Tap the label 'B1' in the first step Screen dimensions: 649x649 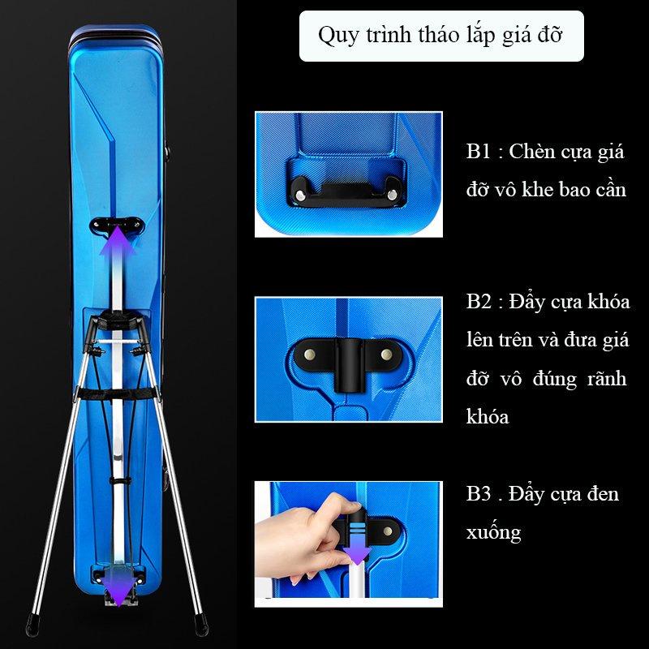click(478, 152)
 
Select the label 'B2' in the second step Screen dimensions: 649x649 click(479, 302)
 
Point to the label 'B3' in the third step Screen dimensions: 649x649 click(479, 494)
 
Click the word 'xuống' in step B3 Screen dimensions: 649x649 click(493, 533)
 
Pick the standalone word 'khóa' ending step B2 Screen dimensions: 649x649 click(488, 416)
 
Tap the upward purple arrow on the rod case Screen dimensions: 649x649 click(118, 269)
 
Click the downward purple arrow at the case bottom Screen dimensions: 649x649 click(118, 582)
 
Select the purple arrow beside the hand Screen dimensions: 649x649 click(357, 546)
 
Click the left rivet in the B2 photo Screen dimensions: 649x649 click(309, 355)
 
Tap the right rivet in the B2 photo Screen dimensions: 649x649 click(387, 355)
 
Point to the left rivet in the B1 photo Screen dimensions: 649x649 click(299, 194)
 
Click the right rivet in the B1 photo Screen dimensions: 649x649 click(392, 194)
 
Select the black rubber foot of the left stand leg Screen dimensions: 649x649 click(32, 625)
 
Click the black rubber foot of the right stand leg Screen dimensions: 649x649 click(201, 625)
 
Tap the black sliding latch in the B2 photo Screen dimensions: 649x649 click(350, 365)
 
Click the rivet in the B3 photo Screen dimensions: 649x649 click(388, 531)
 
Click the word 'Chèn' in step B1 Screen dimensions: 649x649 click(532, 152)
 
